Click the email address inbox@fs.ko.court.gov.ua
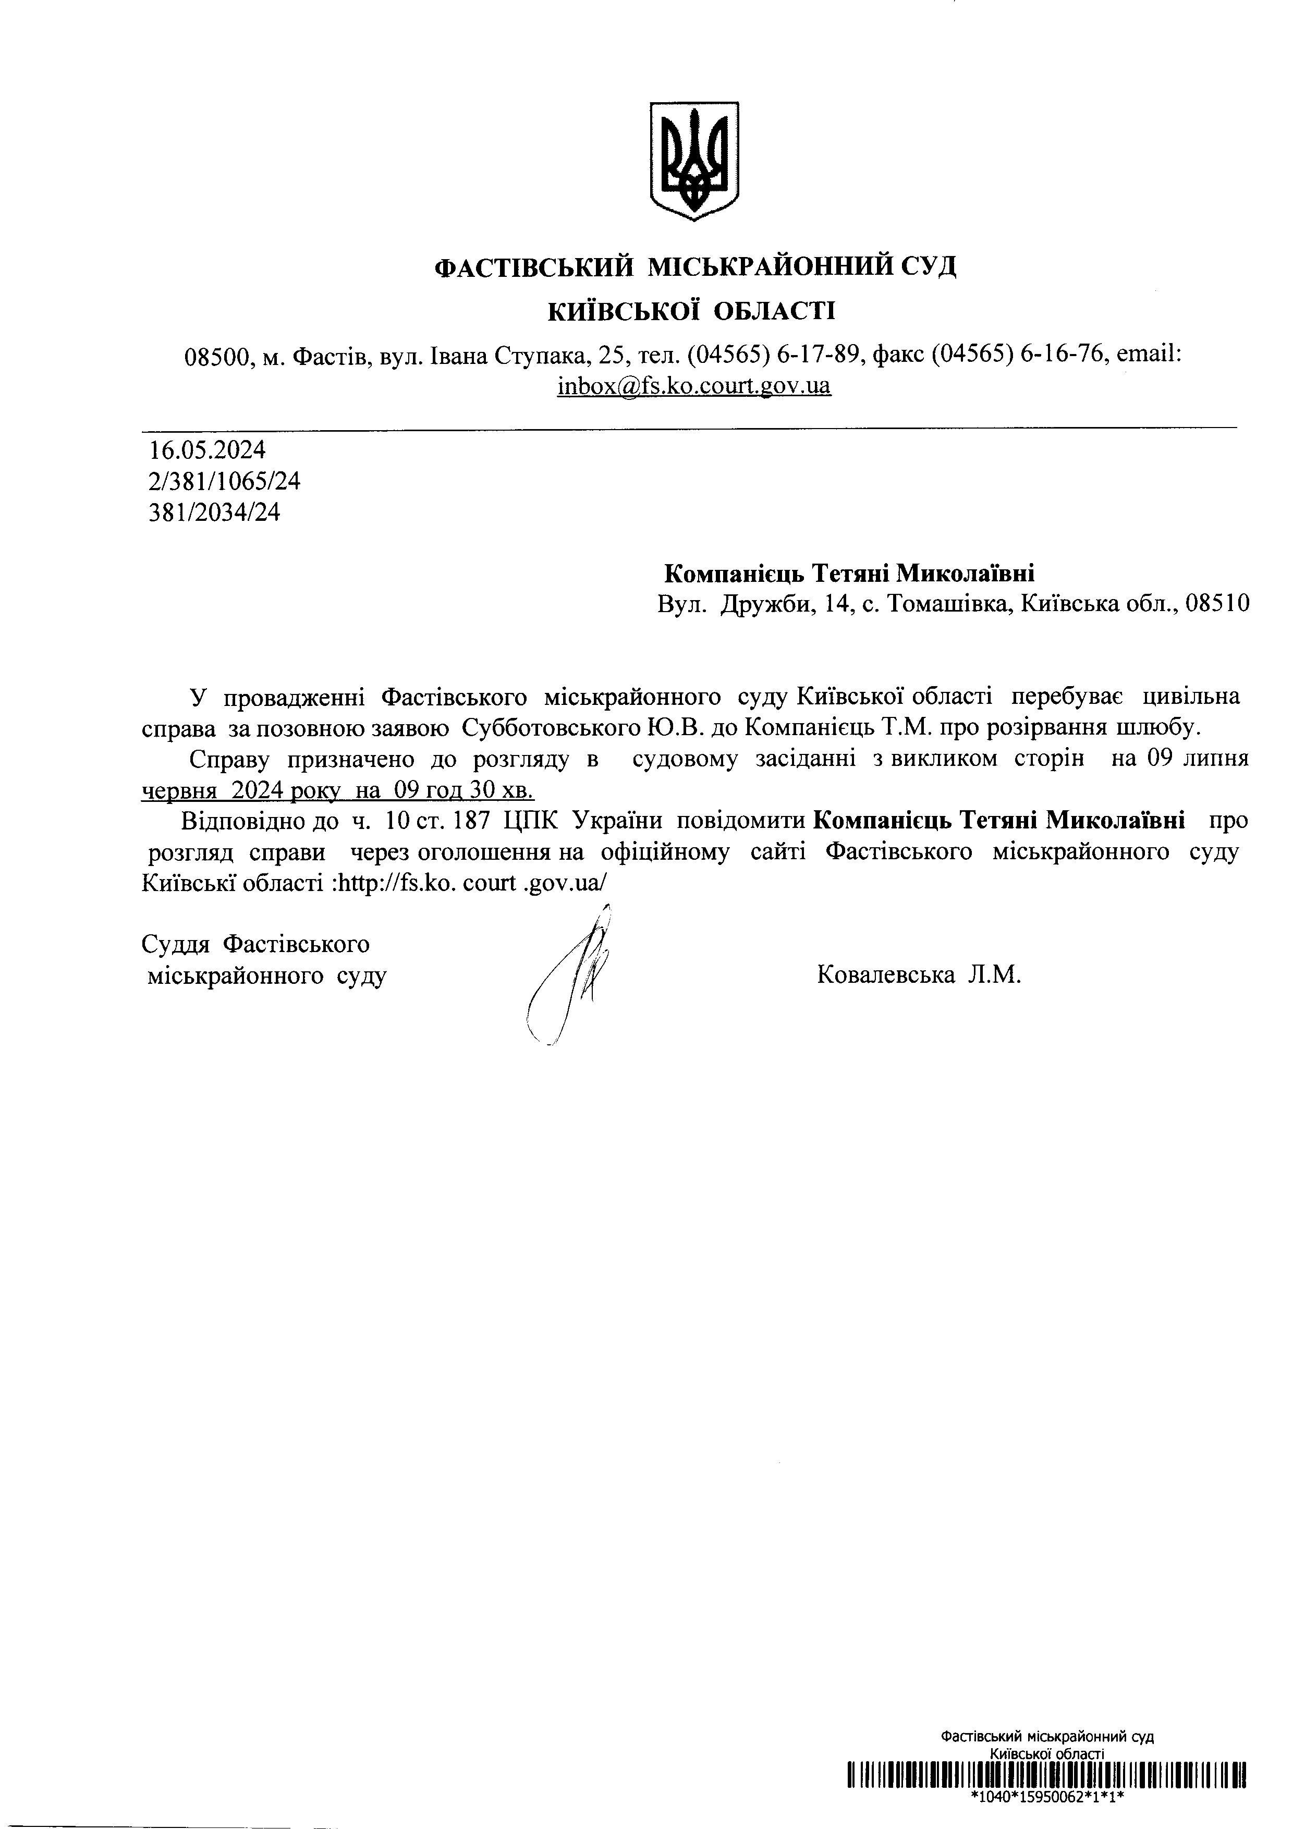694,386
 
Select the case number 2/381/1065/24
225,482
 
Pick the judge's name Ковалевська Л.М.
919,975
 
